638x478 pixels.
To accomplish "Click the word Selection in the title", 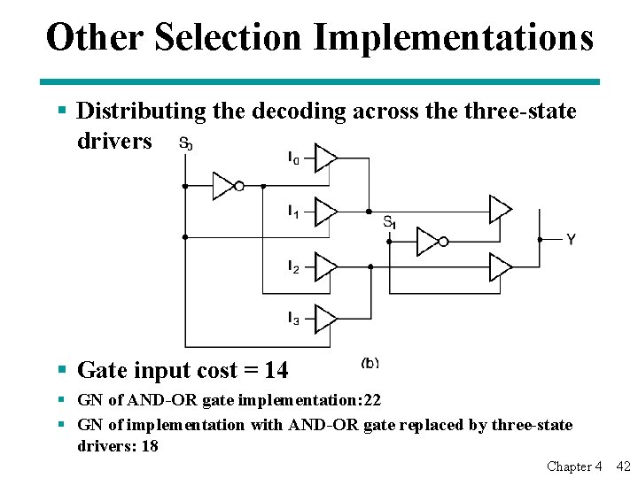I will [227, 38].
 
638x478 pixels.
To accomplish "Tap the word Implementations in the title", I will [454, 38].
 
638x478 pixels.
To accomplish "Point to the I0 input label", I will [293, 158].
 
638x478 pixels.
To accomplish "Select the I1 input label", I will [293, 211].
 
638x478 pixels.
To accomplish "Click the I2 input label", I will [293, 265].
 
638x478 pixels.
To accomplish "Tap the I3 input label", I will [293, 317].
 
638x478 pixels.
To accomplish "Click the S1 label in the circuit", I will [389, 222].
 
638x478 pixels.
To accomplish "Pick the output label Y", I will [571, 240].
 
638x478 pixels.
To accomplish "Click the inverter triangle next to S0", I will [224, 186].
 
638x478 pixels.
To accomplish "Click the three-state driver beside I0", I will [326, 158].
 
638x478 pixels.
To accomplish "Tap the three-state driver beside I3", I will [326, 317].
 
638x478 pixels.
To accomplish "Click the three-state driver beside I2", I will [326, 266].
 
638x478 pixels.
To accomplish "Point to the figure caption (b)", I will [370, 362].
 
